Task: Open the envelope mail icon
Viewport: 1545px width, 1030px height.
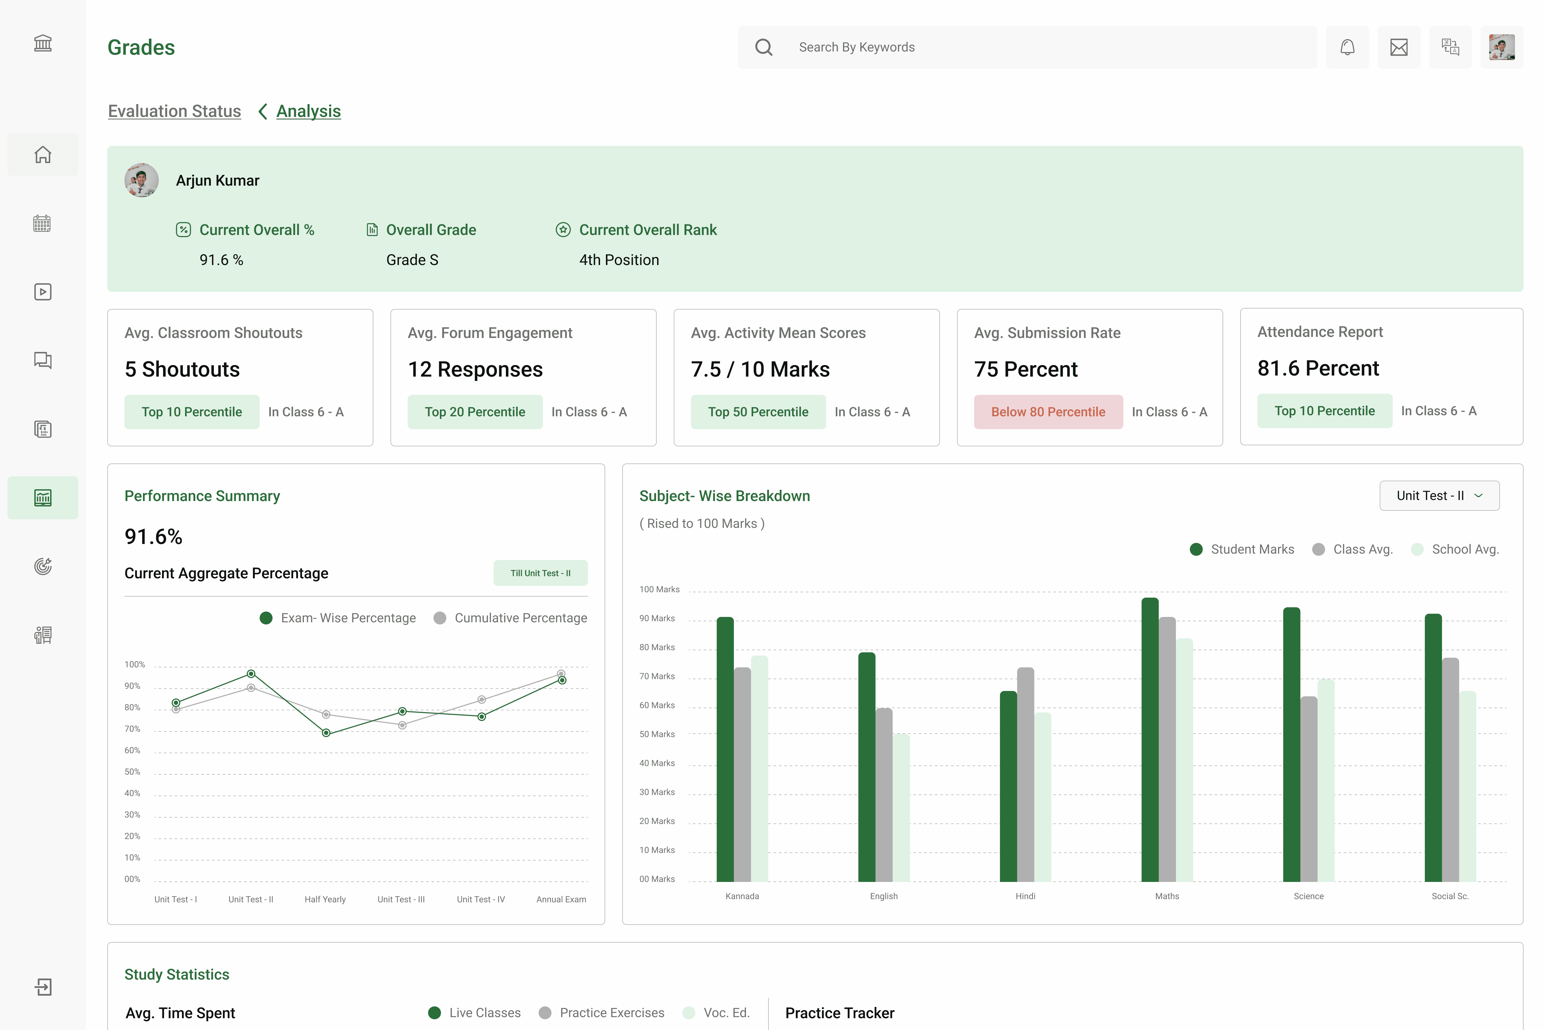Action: [1399, 47]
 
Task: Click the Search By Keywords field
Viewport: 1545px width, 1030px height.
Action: [1027, 47]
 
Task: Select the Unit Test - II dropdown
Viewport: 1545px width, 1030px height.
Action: [1439, 496]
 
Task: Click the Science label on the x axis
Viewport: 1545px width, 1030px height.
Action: [1308, 897]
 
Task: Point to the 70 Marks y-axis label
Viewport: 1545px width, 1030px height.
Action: [657, 676]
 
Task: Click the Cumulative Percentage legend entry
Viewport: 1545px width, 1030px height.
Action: [510, 618]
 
